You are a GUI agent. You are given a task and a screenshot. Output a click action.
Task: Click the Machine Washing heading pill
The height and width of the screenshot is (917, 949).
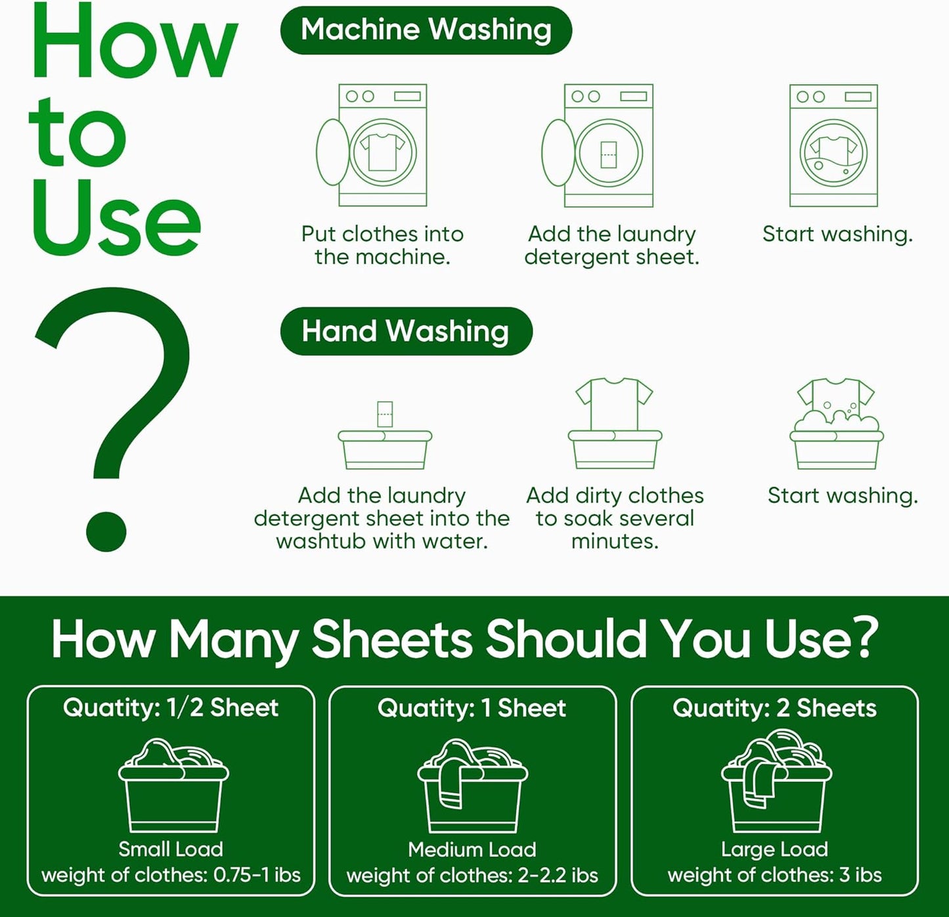426,30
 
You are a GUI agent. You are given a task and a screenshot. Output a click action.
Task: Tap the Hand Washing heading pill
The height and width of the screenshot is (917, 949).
405,331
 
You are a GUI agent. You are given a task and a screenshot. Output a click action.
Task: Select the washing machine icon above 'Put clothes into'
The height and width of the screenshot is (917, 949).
378,146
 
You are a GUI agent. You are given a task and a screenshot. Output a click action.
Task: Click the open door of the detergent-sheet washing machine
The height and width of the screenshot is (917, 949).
558,153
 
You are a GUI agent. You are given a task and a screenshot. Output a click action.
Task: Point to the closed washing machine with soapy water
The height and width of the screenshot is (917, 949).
833,146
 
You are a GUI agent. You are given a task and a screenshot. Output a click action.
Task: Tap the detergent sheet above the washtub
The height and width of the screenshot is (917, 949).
385,414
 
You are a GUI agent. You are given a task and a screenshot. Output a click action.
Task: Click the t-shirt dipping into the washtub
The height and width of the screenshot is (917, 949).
614,402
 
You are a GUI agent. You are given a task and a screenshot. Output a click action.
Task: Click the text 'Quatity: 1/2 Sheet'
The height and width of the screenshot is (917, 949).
171,707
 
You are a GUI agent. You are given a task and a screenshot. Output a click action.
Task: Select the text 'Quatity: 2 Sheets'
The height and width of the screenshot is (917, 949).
774,708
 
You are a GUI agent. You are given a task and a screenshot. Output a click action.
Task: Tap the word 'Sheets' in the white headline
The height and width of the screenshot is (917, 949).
392,638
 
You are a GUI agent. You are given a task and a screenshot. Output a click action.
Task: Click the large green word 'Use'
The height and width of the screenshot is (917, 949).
116,218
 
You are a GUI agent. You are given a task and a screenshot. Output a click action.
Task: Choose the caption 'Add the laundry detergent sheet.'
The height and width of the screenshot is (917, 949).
612,245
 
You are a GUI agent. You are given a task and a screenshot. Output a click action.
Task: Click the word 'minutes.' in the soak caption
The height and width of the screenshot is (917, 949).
615,541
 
